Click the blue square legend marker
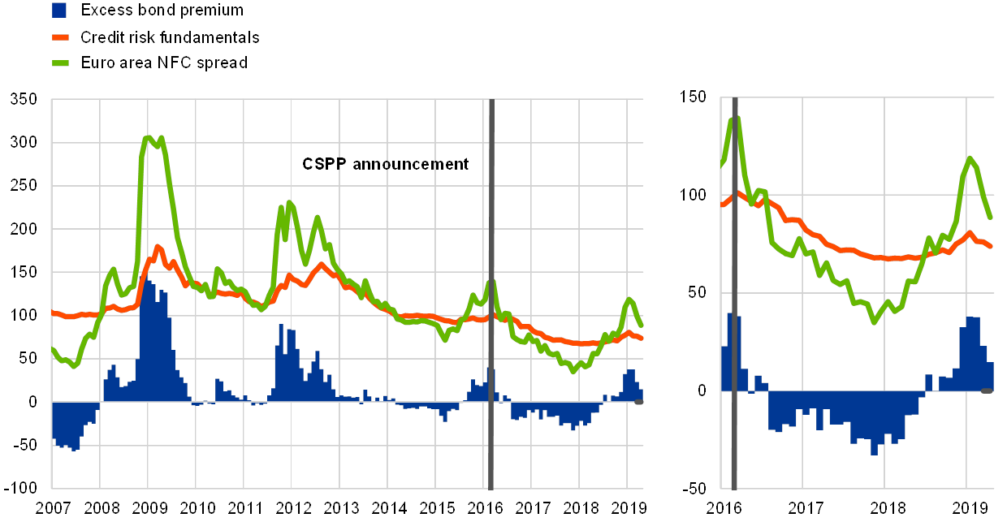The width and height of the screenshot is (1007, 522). point(58,11)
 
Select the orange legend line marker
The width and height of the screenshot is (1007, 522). point(58,37)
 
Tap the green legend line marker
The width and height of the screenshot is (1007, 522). point(58,63)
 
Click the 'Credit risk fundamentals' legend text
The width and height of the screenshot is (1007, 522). point(170,37)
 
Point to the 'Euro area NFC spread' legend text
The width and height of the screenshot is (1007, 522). point(163,63)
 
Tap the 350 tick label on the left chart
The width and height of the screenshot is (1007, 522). point(22,100)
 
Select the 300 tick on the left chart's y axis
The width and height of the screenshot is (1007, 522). point(22,143)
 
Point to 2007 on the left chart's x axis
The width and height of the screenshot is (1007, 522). point(51,508)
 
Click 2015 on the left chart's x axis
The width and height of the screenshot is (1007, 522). point(436,508)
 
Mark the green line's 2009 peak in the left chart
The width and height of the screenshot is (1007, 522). point(149,137)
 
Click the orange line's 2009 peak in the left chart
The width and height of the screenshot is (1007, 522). point(158,246)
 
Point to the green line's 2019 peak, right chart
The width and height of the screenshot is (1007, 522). point(970,158)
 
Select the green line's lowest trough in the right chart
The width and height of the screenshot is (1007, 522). point(875,322)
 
